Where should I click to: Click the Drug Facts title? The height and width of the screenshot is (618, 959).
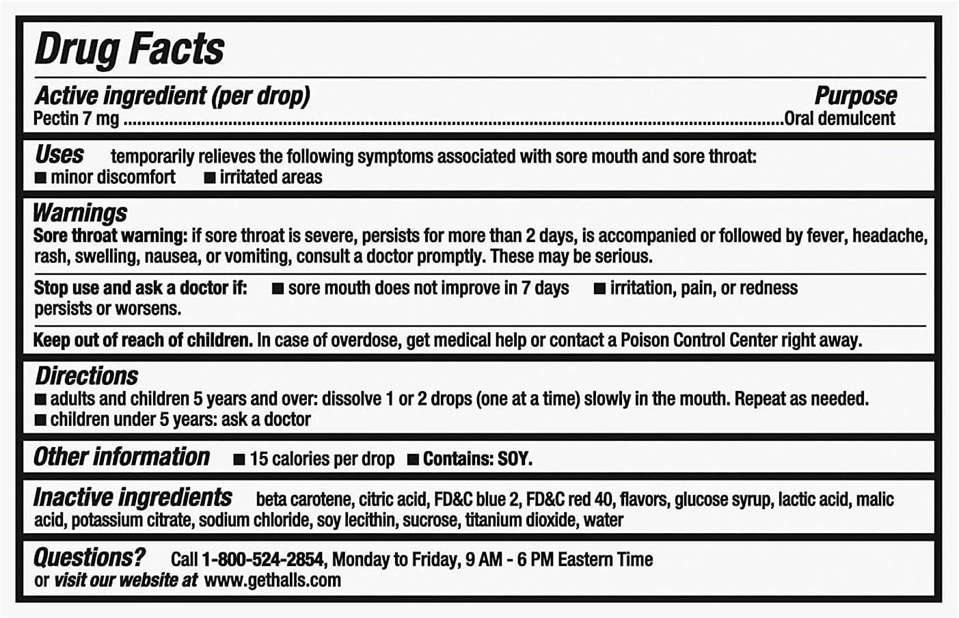(x=129, y=49)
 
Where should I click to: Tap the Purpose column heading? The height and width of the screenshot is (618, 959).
(x=855, y=96)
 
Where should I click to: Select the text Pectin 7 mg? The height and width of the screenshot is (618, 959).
(x=77, y=119)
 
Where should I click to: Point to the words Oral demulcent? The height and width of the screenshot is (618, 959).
(x=839, y=119)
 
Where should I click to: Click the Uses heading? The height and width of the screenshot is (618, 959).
(x=59, y=154)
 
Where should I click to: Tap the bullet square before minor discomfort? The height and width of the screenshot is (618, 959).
(x=41, y=178)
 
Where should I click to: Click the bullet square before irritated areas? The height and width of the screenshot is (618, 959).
(x=210, y=178)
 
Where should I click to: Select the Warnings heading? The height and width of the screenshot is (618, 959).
(x=80, y=213)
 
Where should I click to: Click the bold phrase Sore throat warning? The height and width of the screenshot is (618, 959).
(x=110, y=236)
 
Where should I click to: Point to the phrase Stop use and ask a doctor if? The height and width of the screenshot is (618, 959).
(x=140, y=288)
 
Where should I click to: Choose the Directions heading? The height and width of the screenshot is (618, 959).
(x=87, y=376)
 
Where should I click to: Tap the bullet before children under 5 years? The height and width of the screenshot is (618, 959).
(x=41, y=420)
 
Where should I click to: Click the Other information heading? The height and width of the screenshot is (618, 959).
(x=122, y=457)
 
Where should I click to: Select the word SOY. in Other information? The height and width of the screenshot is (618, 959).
(x=515, y=459)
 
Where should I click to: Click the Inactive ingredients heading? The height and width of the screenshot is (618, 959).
(x=133, y=497)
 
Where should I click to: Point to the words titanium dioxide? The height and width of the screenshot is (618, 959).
(x=520, y=520)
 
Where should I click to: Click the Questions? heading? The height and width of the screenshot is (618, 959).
(x=90, y=558)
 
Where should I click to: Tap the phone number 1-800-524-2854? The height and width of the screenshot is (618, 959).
(x=262, y=560)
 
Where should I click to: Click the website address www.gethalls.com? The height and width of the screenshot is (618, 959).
(x=272, y=580)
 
